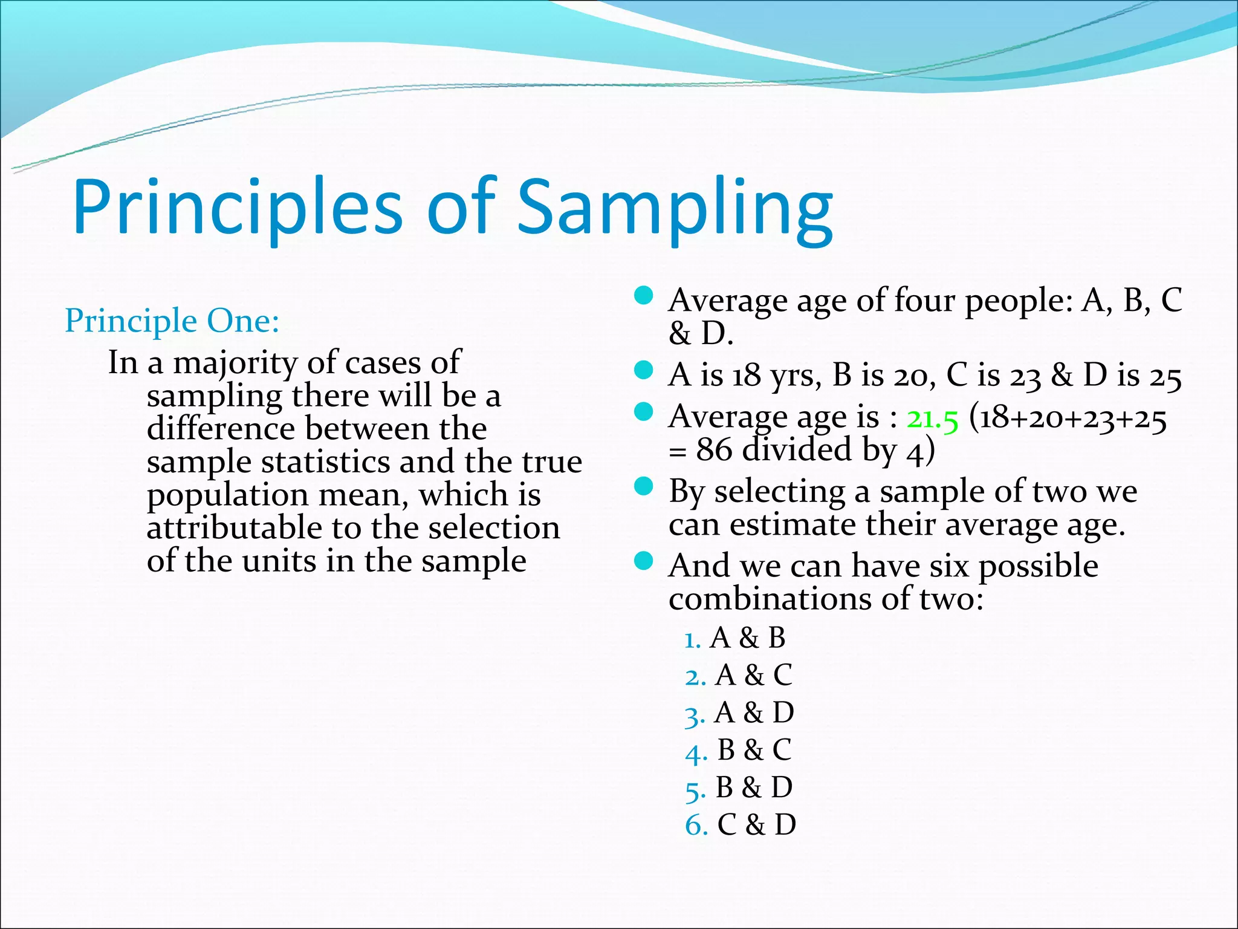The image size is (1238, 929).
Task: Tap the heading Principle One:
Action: point(172,321)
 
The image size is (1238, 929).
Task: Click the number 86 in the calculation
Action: point(713,450)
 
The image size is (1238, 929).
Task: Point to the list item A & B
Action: point(747,638)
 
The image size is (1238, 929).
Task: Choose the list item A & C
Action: point(753,675)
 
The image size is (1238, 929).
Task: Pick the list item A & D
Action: point(753,712)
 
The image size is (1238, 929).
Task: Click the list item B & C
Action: point(754,750)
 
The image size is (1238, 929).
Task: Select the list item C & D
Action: point(756,825)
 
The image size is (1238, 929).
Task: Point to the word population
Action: point(227,496)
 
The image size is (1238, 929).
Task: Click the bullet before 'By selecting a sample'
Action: point(644,486)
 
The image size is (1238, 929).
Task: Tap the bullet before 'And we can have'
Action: point(644,561)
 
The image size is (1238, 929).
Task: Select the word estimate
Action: point(792,524)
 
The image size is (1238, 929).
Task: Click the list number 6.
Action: point(696,826)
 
